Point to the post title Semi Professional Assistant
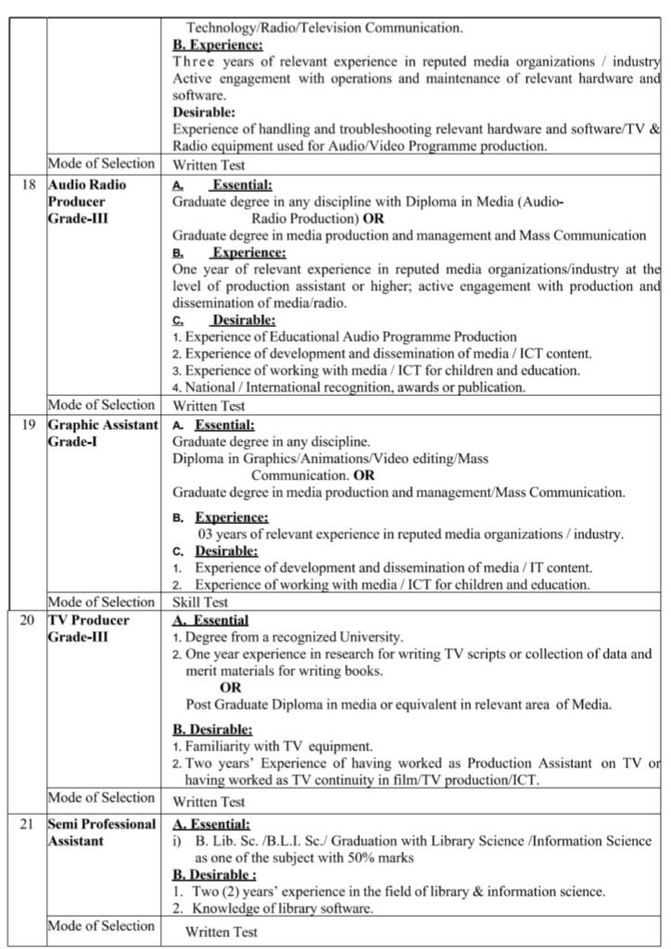click(102, 833)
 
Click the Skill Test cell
click(201, 601)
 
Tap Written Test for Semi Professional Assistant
click(222, 932)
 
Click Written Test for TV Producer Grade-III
click(209, 802)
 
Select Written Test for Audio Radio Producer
click(209, 405)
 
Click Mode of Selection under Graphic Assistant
click(101, 601)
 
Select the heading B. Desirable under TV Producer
click(212, 729)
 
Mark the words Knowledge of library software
click(283, 908)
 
